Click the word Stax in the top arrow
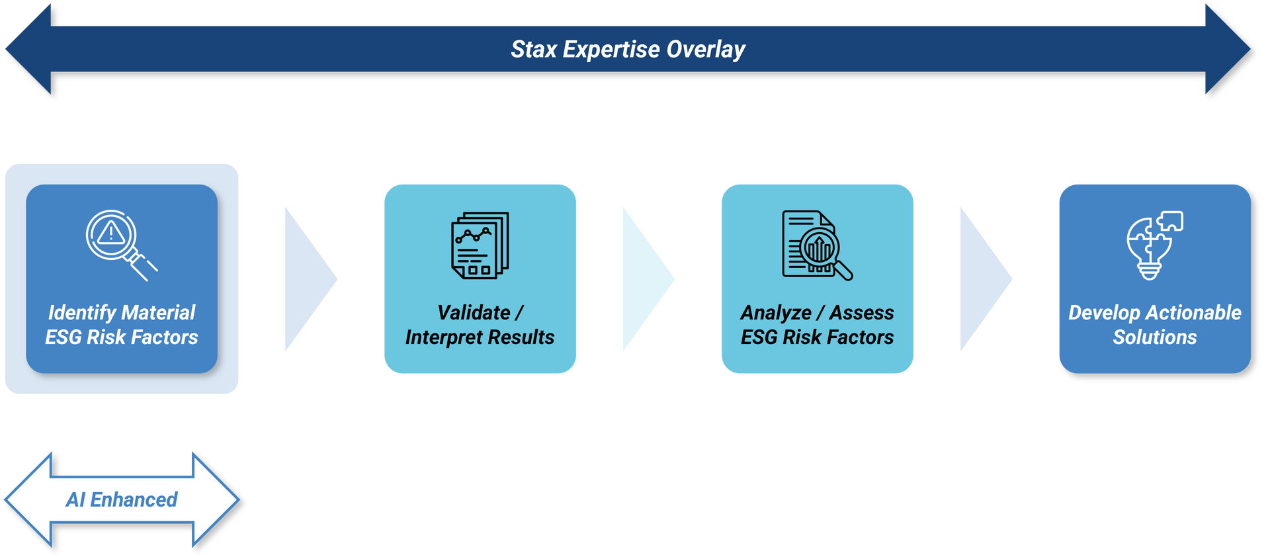(534, 50)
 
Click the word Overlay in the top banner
(706, 50)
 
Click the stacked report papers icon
(480, 245)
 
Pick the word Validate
(474, 313)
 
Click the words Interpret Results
(480, 337)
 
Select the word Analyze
(776, 313)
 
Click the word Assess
(862, 313)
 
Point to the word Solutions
(1154, 337)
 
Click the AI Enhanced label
(122, 499)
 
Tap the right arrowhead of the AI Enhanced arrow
(215, 499)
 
